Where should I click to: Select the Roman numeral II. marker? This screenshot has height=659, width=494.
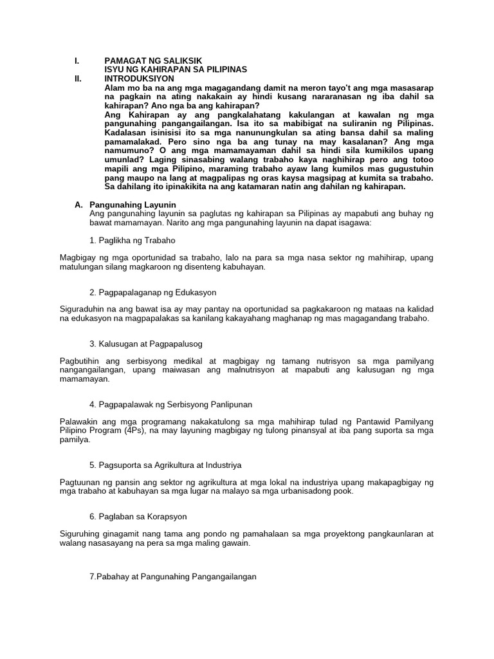tap(77, 78)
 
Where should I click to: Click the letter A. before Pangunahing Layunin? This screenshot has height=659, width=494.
tap(78, 204)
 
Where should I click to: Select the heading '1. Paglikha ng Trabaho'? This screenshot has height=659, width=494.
tap(133, 239)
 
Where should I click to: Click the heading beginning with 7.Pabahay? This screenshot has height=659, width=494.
tap(173, 577)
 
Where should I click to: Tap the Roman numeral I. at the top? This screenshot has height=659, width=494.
tap(77, 60)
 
